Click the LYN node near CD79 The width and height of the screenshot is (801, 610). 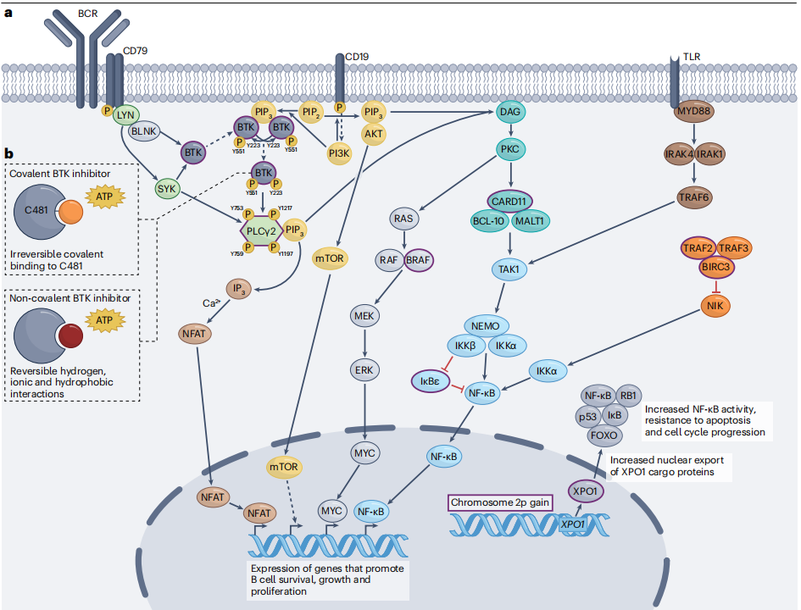tap(127, 114)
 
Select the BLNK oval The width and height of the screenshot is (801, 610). tap(145, 131)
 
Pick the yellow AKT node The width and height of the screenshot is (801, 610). tap(374, 133)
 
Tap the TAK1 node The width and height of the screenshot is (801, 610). tap(510, 269)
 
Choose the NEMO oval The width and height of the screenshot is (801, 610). tap(487, 325)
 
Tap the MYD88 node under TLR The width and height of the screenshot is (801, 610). tap(693, 113)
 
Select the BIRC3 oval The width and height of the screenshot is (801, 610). tap(718, 267)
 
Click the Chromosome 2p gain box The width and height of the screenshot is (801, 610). tap(499, 502)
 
